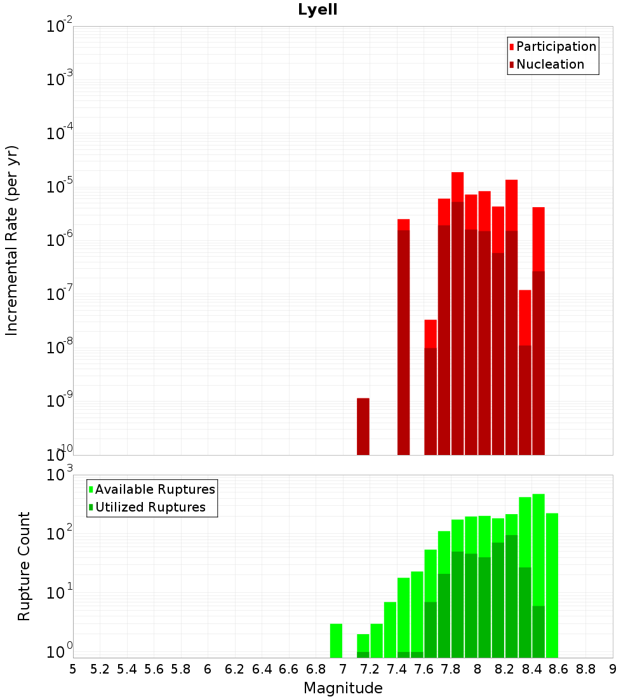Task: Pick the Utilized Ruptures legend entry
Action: coord(150,507)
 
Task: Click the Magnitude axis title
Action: coord(343,688)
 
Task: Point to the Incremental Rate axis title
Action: coord(12,240)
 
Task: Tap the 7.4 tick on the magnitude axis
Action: coord(397,669)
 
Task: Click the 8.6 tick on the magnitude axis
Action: coord(559,669)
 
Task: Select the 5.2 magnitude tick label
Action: coord(100,669)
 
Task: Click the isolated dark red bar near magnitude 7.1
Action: coord(363,426)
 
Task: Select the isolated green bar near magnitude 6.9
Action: coord(336,641)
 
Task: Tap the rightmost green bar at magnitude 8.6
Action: coord(552,585)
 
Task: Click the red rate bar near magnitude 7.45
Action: coord(403,337)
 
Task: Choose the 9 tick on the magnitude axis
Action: coord(612,669)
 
